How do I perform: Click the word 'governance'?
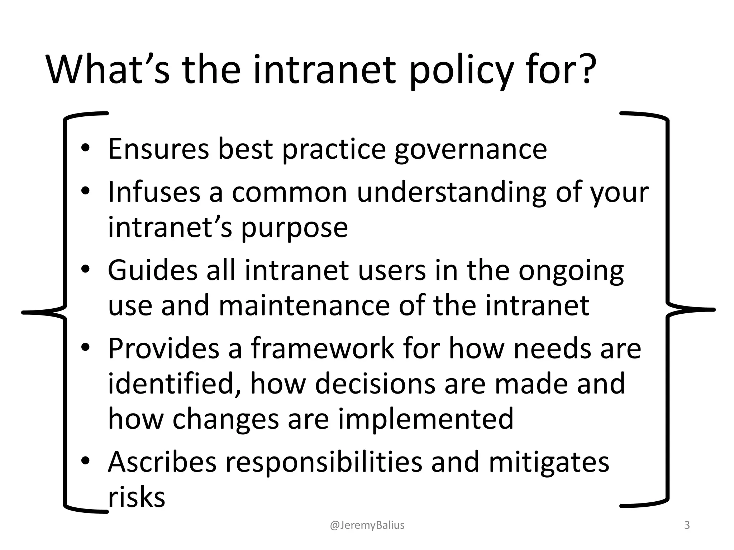[x=471, y=150]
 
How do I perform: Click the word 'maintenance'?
[x=304, y=306]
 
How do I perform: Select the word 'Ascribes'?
[x=162, y=462]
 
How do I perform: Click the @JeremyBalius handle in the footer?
[x=367, y=525]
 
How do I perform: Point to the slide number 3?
[x=687, y=525]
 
